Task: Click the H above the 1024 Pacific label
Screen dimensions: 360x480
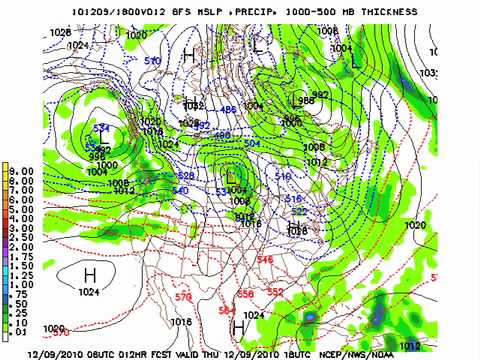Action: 89,275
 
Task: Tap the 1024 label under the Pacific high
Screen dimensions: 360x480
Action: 89,292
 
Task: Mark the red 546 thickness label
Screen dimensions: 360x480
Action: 264,260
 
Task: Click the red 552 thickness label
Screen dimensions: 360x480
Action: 275,292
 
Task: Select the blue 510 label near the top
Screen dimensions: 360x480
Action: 153,61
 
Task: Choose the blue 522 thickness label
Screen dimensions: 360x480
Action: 298,211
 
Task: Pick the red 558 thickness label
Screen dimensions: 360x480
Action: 245,293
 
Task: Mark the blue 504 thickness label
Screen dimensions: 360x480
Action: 251,144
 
